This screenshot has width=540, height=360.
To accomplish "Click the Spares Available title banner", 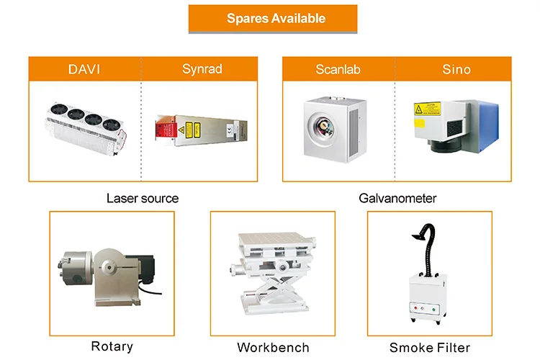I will [276, 19].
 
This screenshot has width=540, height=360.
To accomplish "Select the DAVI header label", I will [84, 69].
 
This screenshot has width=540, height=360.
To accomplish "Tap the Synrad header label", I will [202, 69].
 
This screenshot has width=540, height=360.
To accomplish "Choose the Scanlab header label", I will [338, 69].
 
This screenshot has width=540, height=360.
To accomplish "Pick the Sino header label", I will [456, 69].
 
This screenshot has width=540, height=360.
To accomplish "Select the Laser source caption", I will [143, 198].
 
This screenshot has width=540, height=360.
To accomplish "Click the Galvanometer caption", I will [397, 198].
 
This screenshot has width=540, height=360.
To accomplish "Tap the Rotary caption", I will [112, 346].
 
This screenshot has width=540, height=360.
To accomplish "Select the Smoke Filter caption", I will [429, 347].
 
